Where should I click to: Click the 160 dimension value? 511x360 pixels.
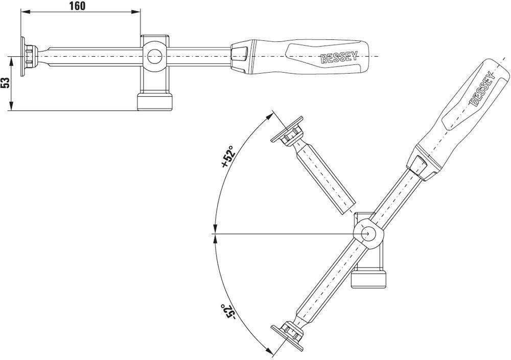77,6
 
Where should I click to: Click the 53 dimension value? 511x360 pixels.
5,83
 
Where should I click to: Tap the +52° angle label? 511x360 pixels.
228,156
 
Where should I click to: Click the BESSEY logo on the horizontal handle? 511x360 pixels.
339,57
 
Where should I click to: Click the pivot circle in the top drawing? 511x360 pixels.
154,56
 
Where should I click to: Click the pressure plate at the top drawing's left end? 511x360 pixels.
23,56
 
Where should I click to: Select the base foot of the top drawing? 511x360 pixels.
154,102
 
